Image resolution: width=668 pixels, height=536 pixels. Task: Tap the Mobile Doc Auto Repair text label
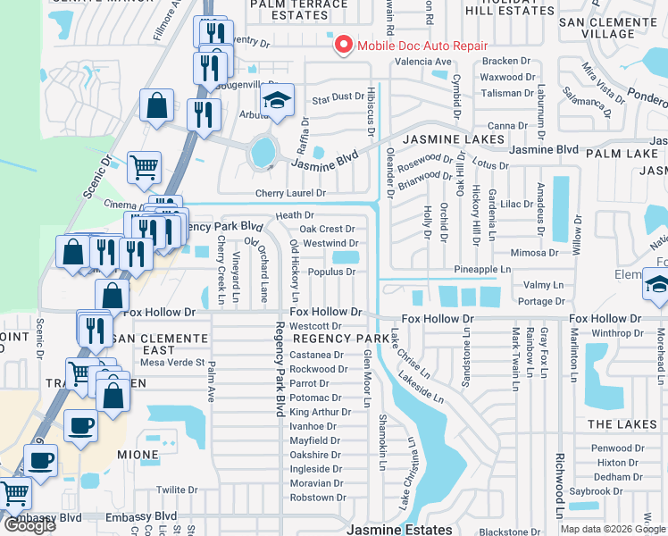pyautogui.click(x=422, y=46)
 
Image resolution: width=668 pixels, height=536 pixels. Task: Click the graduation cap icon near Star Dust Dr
pyautogui.click(x=279, y=103)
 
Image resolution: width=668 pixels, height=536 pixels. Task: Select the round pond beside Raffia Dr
pyautogui.click(x=263, y=153)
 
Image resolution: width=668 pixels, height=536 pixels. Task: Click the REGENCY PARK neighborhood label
pyautogui.click(x=330, y=339)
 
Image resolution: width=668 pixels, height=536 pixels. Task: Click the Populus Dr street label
pyautogui.click(x=331, y=272)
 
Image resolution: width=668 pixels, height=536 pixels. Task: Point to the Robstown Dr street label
pyautogui.click(x=317, y=498)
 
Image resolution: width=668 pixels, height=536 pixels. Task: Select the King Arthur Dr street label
pyautogui.click(x=314, y=412)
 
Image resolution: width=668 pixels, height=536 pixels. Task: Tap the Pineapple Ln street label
pyautogui.click(x=482, y=269)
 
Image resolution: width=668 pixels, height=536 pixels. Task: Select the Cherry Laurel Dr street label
pyautogui.click(x=290, y=193)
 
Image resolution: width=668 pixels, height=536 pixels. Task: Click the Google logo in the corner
pyautogui.click(x=29, y=525)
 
